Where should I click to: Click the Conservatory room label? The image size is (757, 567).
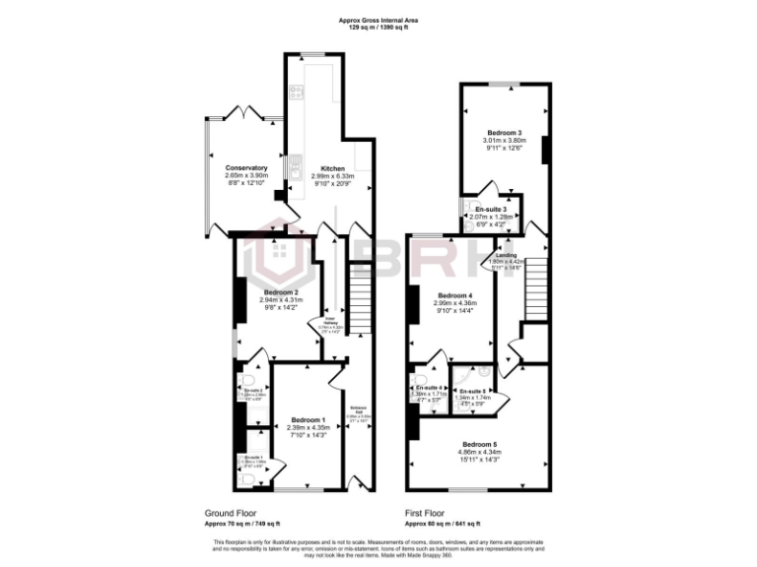(246, 168)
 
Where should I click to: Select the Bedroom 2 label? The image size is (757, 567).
(281, 292)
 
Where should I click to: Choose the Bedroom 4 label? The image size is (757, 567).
(455, 296)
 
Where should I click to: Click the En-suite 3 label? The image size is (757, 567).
(490, 209)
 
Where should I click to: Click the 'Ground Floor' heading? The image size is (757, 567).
(231, 513)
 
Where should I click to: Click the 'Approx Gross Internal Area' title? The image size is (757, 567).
(378, 19)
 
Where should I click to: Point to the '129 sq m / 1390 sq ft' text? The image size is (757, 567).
(378, 27)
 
